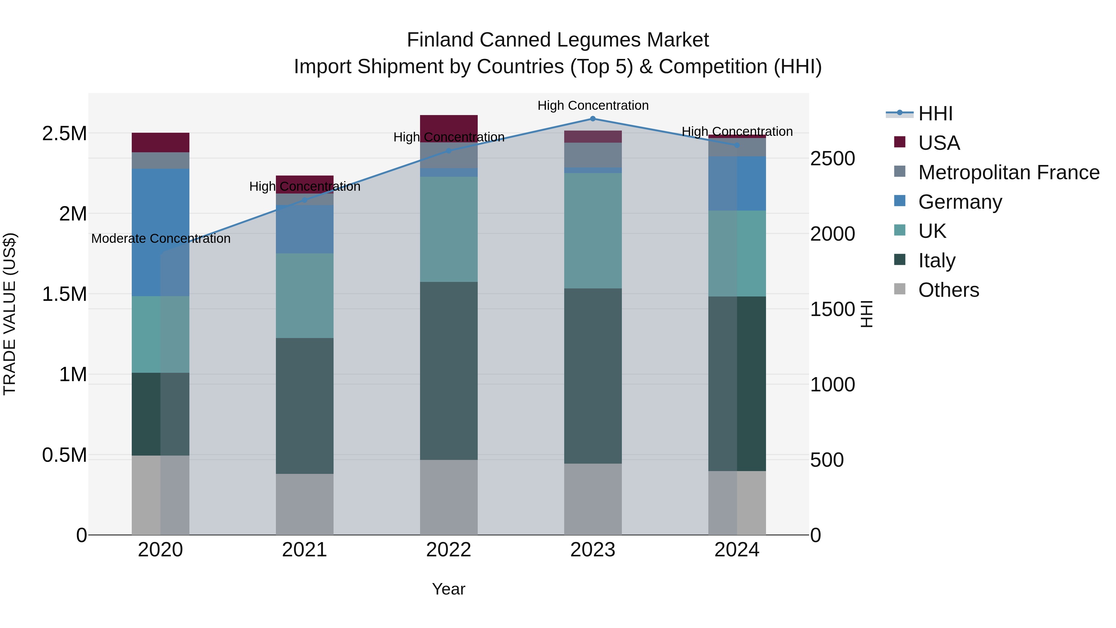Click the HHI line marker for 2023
[593, 118]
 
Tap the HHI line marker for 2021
[304, 200]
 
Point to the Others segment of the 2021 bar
[304, 504]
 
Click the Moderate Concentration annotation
[161, 239]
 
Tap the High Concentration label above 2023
[593, 105]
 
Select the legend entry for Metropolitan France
[1008, 172]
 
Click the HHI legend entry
[935, 114]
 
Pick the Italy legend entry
[937, 261]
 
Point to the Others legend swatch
[900, 289]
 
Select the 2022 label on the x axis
[448, 550]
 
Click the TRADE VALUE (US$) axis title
[10, 314]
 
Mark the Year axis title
[448, 589]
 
